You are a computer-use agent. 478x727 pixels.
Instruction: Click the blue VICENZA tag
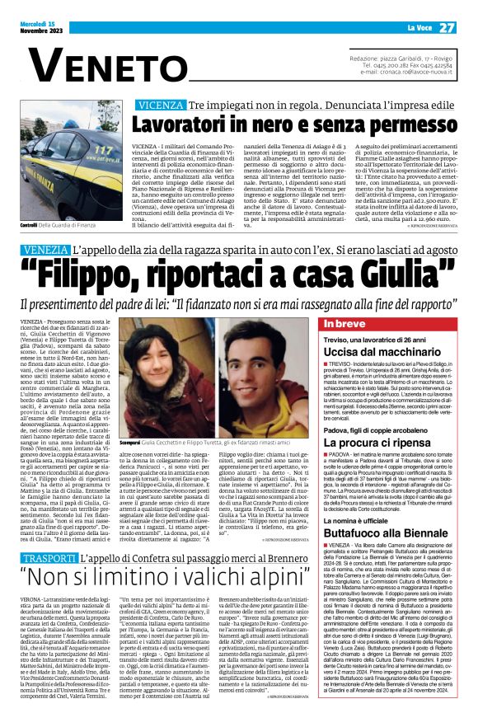[x=162, y=106]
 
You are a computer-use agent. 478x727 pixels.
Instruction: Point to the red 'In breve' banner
[x=349, y=324]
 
